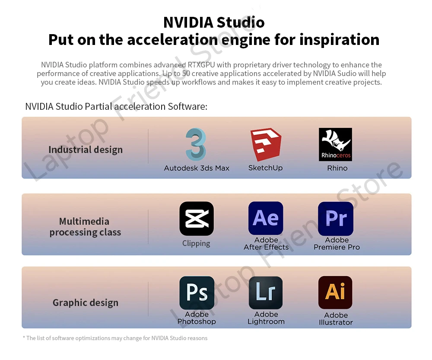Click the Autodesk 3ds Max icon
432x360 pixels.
tap(196, 144)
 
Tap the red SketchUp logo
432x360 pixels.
tap(266, 144)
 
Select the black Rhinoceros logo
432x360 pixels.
tap(335, 144)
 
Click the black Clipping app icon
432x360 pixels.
tap(197, 219)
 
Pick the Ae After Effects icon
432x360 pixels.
tap(266, 218)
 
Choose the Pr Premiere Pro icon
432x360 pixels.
tap(336, 219)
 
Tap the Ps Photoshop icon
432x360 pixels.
tap(197, 293)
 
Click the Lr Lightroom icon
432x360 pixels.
tap(266, 293)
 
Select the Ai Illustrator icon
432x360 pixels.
tap(335, 293)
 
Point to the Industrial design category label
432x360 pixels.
tap(86, 150)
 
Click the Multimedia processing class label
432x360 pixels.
tap(85, 227)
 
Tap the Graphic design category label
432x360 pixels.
tap(86, 303)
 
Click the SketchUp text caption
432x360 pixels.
tap(265, 168)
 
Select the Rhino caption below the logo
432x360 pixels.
tap(337, 168)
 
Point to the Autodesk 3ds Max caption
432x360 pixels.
tap(197, 168)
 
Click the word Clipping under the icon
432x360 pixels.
tap(196, 243)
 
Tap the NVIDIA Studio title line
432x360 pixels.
tap(214, 22)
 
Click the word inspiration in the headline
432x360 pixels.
tap(340, 39)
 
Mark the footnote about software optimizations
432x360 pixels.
tap(115, 338)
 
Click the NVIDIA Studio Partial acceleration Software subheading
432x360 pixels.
tap(116, 106)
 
